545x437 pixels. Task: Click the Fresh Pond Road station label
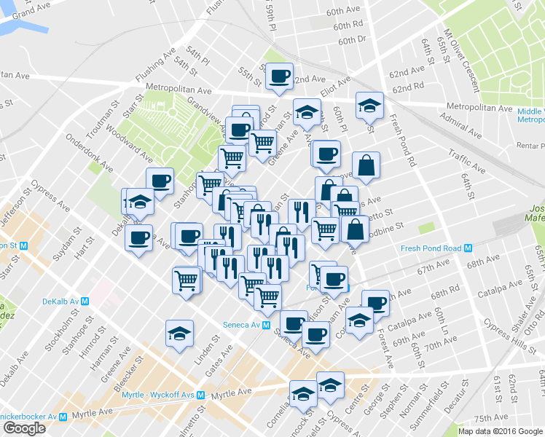tap(431, 248)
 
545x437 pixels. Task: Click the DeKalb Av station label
tap(60, 301)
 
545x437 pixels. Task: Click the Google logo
tap(24, 428)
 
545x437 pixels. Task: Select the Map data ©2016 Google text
tap(500, 431)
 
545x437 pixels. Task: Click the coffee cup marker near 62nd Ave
tap(278, 76)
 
